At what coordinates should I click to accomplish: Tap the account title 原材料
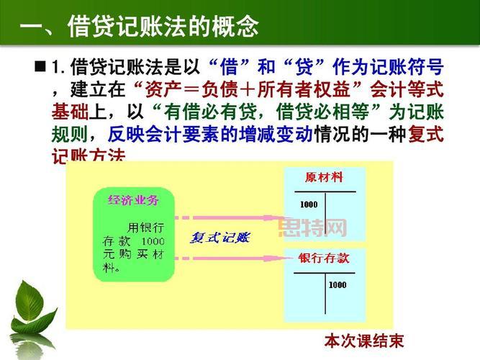[x=324, y=177]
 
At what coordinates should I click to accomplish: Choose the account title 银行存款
[x=324, y=258]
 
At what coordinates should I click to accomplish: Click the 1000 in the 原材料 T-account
[x=308, y=204]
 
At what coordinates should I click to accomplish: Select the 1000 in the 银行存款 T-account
[x=338, y=285]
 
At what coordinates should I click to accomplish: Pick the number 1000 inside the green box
[x=153, y=240]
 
